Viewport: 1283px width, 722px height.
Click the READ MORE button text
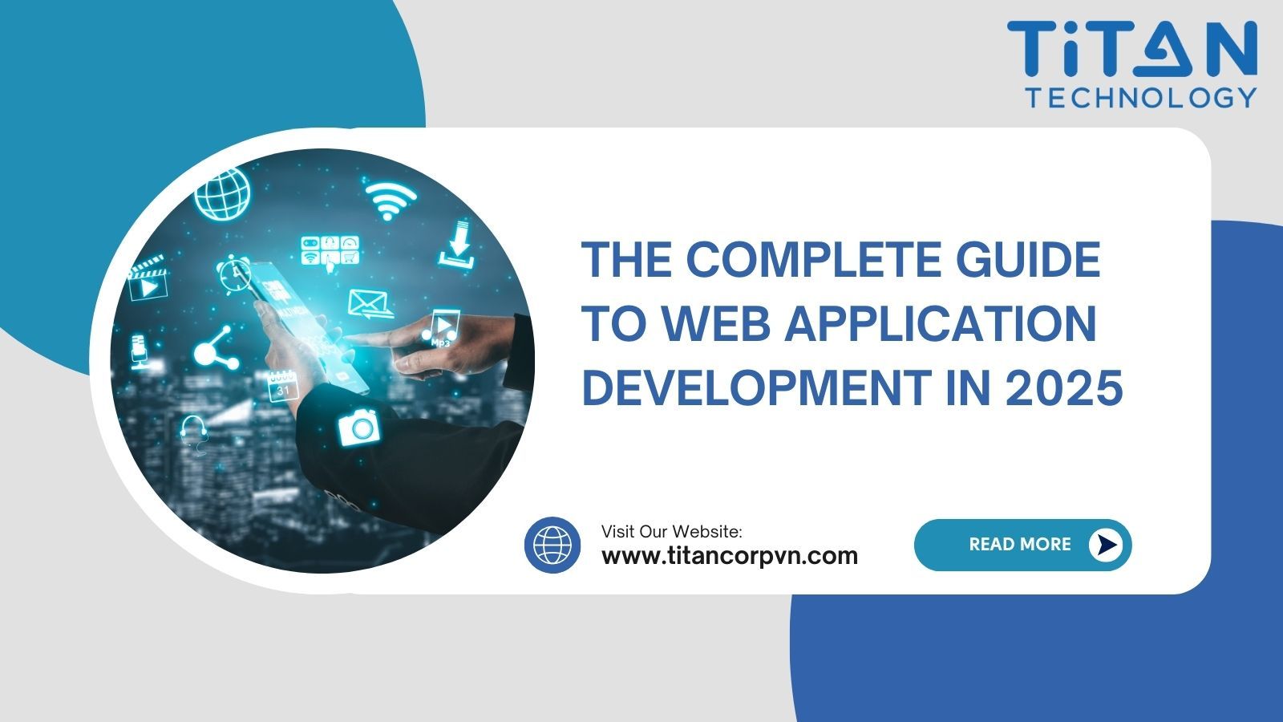click(x=1019, y=545)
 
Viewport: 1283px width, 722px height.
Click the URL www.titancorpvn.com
click(x=729, y=555)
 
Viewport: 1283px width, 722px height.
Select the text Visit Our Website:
click(x=672, y=531)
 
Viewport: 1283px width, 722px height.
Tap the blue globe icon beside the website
click(x=552, y=545)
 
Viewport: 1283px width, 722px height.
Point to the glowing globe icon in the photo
click(x=223, y=193)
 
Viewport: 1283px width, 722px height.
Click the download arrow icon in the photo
click(x=458, y=244)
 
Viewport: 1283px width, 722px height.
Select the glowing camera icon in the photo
click(x=358, y=427)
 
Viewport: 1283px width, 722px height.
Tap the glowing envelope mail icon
click(x=368, y=304)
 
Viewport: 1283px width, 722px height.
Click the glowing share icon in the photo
click(x=215, y=348)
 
